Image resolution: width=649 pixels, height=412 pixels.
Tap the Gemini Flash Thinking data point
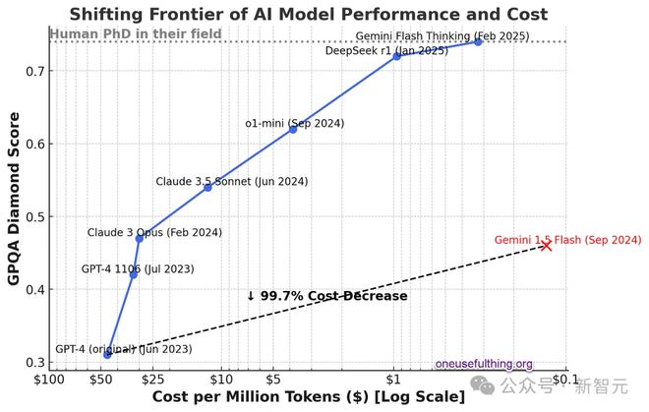click(x=478, y=41)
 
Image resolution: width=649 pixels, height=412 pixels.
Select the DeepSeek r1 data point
click(x=396, y=56)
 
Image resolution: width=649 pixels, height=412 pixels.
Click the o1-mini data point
click(x=292, y=129)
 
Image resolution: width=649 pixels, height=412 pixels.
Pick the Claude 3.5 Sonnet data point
click(x=207, y=187)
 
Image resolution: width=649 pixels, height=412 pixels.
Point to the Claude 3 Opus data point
click(x=139, y=238)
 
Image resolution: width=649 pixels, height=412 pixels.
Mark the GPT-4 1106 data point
click(x=134, y=274)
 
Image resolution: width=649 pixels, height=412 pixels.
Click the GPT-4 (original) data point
click(x=107, y=353)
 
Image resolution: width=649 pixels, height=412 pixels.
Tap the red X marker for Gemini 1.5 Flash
click(x=547, y=245)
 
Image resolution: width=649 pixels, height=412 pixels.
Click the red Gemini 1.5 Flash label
click(x=567, y=239)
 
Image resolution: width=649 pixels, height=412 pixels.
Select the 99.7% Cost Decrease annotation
click(x=326, y=296)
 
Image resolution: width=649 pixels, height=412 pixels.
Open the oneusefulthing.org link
click(x=484, y=363)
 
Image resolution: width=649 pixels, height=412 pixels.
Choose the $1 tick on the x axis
click(x=393, y=380)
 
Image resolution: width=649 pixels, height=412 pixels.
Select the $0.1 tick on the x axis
click(x=563, y=380)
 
